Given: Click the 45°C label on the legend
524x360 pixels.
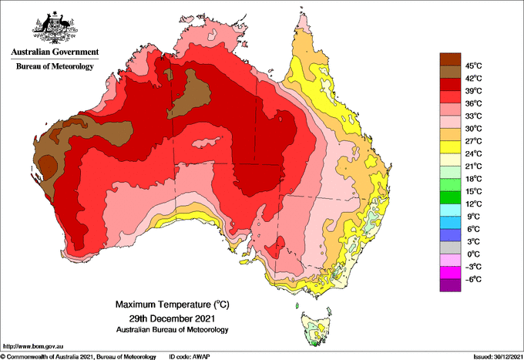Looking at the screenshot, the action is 474,66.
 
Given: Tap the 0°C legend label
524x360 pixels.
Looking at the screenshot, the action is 474,254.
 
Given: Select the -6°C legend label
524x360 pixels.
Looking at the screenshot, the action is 473,279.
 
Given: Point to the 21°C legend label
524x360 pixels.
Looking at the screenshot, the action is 474,167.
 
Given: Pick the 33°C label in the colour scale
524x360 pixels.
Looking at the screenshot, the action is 474,116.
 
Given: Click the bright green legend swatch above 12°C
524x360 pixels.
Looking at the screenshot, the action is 450,197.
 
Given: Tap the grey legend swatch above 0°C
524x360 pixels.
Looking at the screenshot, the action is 450,247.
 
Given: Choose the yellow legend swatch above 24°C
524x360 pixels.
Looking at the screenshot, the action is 450,147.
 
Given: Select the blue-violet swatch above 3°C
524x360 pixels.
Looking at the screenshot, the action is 450,235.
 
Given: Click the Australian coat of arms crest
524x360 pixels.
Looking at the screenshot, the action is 55,28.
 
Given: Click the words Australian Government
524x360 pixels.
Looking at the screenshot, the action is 55,52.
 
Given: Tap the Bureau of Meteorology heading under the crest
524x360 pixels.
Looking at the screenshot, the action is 55,66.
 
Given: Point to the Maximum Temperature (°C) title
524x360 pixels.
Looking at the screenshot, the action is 172,304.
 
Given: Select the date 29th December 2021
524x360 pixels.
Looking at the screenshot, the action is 172,318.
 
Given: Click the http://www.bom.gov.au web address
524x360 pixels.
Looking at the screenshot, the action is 32,346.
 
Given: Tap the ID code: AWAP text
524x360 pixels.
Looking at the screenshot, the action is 190,357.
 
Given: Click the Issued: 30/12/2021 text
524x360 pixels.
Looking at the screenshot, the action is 498,357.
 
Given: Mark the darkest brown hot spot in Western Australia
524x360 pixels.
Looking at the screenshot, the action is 48,167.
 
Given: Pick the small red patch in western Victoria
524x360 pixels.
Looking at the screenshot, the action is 276,247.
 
